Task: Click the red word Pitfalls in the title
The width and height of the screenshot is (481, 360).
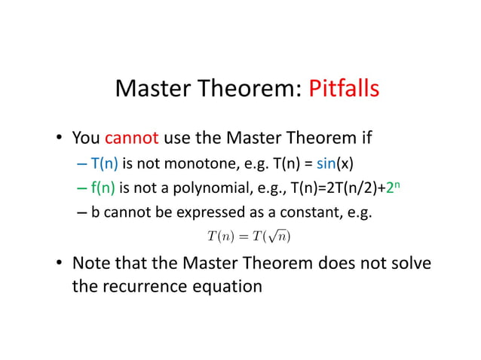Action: coord(344,89)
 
